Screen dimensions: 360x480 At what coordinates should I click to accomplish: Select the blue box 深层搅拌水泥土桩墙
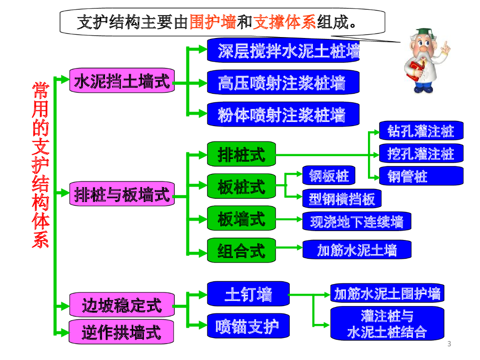tap(283, 51)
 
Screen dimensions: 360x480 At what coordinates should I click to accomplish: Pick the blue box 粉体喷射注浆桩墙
tap(283, 114)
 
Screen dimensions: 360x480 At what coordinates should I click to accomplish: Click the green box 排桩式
tap(241, 154)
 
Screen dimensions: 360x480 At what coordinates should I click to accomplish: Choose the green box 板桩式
tap(241, 187)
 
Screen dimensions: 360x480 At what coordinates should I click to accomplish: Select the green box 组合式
tap(241, 250)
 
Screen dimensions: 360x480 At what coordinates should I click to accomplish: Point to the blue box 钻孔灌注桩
tap(420, 131)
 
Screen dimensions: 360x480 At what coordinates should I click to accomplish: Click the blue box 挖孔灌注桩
tap(420, 153)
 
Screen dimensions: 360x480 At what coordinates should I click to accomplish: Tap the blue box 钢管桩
tap(420, 176)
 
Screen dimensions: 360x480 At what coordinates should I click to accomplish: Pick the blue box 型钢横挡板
tap(342, 199)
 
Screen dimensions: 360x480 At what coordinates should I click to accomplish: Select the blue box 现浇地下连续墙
tap(357, 221)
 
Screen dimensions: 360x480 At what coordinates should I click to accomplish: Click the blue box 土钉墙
tap(248, 294)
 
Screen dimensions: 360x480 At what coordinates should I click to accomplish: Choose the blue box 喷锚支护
tap(248, 326)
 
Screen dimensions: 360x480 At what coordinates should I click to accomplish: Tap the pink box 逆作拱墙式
tap(121, 332)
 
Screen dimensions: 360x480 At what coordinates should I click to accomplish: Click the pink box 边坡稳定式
tap(121, 305)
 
